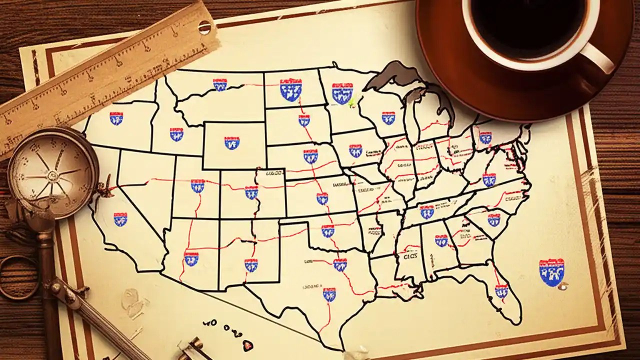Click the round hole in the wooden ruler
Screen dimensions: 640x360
(x=204, y=27)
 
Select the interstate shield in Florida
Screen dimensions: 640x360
(x=501, y=290)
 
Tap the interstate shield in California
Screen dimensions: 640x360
(x=120, y=219)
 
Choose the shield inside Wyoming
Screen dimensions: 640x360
(x=231, y=143)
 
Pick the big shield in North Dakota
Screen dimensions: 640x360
(x=290, y=89)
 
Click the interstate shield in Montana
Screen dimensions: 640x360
(x=220, y=84)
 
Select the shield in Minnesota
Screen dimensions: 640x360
(x=342, y=92)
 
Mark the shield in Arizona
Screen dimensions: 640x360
(x=191, y=258)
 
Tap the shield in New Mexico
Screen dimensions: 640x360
(x=251, y=264)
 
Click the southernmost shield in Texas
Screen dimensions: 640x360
(x=329, y=294)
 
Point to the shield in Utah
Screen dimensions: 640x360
(x=197, y=186)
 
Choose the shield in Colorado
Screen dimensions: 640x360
(x=251, y=192)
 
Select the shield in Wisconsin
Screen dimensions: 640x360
(x=388, y=117)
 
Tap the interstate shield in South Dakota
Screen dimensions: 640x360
(x=304, y=120)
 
